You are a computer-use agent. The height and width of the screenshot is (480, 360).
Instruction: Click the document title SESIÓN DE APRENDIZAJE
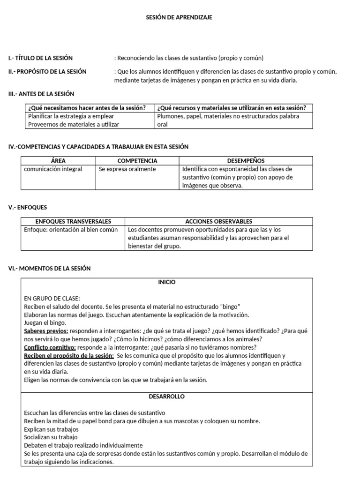(180, 17)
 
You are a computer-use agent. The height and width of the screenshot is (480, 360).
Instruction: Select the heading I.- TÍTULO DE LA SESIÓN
(40, 58)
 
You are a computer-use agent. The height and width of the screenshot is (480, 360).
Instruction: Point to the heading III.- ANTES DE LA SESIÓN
(41, 94)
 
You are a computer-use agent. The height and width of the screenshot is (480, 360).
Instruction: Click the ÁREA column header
(59, 160)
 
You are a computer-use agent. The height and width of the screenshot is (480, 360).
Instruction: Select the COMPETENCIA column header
(137, 160)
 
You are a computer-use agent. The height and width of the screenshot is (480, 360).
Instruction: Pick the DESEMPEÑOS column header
(246, 160)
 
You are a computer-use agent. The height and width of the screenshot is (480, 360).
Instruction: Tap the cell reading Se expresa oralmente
(127, 169)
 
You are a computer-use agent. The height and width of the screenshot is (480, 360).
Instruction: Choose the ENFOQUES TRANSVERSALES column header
(73, 221)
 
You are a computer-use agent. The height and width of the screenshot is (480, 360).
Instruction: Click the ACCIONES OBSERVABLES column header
(219, 221)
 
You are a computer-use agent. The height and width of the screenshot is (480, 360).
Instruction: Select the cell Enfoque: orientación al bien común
(71, 230)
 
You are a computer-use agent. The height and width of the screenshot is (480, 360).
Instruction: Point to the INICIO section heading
(166, 282)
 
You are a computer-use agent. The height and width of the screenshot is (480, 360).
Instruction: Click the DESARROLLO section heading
(166, 397)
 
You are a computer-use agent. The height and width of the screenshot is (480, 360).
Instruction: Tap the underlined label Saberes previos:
(46, 331)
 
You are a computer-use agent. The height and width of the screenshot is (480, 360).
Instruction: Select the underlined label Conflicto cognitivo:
(50, 347)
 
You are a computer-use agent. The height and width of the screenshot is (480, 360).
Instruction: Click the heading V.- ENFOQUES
(28, 207)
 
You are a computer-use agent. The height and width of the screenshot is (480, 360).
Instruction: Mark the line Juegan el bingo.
(45, 322)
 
